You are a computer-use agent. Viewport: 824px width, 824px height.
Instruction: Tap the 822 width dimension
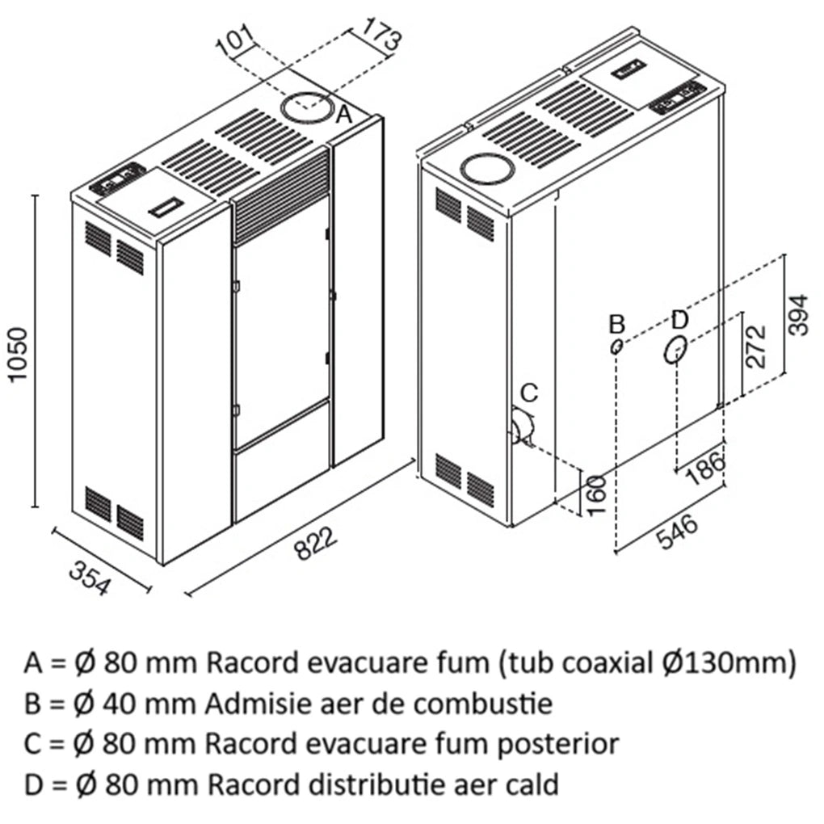click(x=314, y=544)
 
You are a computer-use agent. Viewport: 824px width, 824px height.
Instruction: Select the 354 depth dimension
click(x=90, y=578)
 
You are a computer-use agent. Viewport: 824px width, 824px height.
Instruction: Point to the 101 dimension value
click(x=235, y=39)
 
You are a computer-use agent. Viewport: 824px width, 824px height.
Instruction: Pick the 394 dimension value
click(x=799, y=314)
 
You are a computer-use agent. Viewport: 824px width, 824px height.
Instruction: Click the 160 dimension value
click(x=596, y=495)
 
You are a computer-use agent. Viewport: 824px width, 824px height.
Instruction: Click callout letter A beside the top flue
click(x=343, y=114)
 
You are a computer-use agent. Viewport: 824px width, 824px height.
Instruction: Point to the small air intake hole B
click(x=616, y=347)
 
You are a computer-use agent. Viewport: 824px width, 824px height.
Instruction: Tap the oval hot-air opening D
click(x=675, y=348)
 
